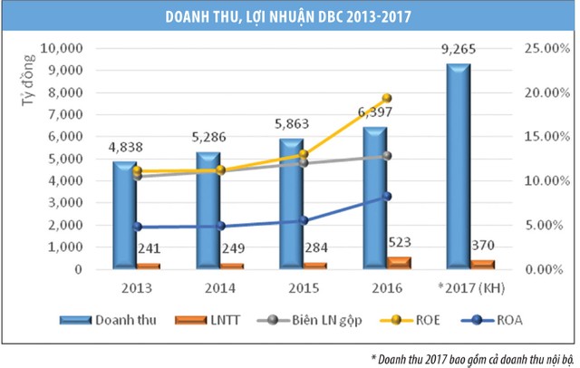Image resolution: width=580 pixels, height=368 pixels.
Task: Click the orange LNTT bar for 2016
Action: click(x=373, y=263)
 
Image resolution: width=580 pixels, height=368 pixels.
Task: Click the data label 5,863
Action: click(x=292, y=126)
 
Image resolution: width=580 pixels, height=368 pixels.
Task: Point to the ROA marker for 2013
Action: click(x=137, y=227)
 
